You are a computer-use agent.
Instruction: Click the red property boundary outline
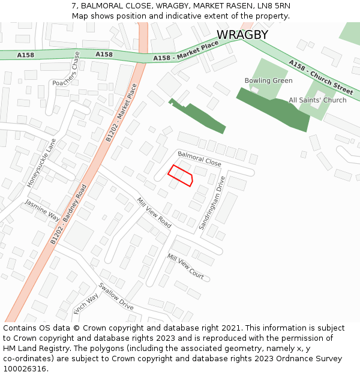[180, 175]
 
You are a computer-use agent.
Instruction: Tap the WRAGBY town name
[242, 35]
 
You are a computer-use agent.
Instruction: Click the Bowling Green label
[268, 80]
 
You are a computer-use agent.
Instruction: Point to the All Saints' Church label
[317, 100]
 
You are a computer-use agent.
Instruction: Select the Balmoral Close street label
[199, 159]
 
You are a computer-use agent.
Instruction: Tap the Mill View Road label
[154, 213]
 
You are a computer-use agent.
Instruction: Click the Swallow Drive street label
[116, 296]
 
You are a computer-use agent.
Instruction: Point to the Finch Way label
[86, 304]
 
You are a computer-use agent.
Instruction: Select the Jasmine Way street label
[42, 211]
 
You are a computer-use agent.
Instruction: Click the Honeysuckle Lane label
[41, 163]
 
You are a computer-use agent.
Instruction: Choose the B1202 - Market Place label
[122, 112]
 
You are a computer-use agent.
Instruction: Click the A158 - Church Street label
[320, 77]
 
